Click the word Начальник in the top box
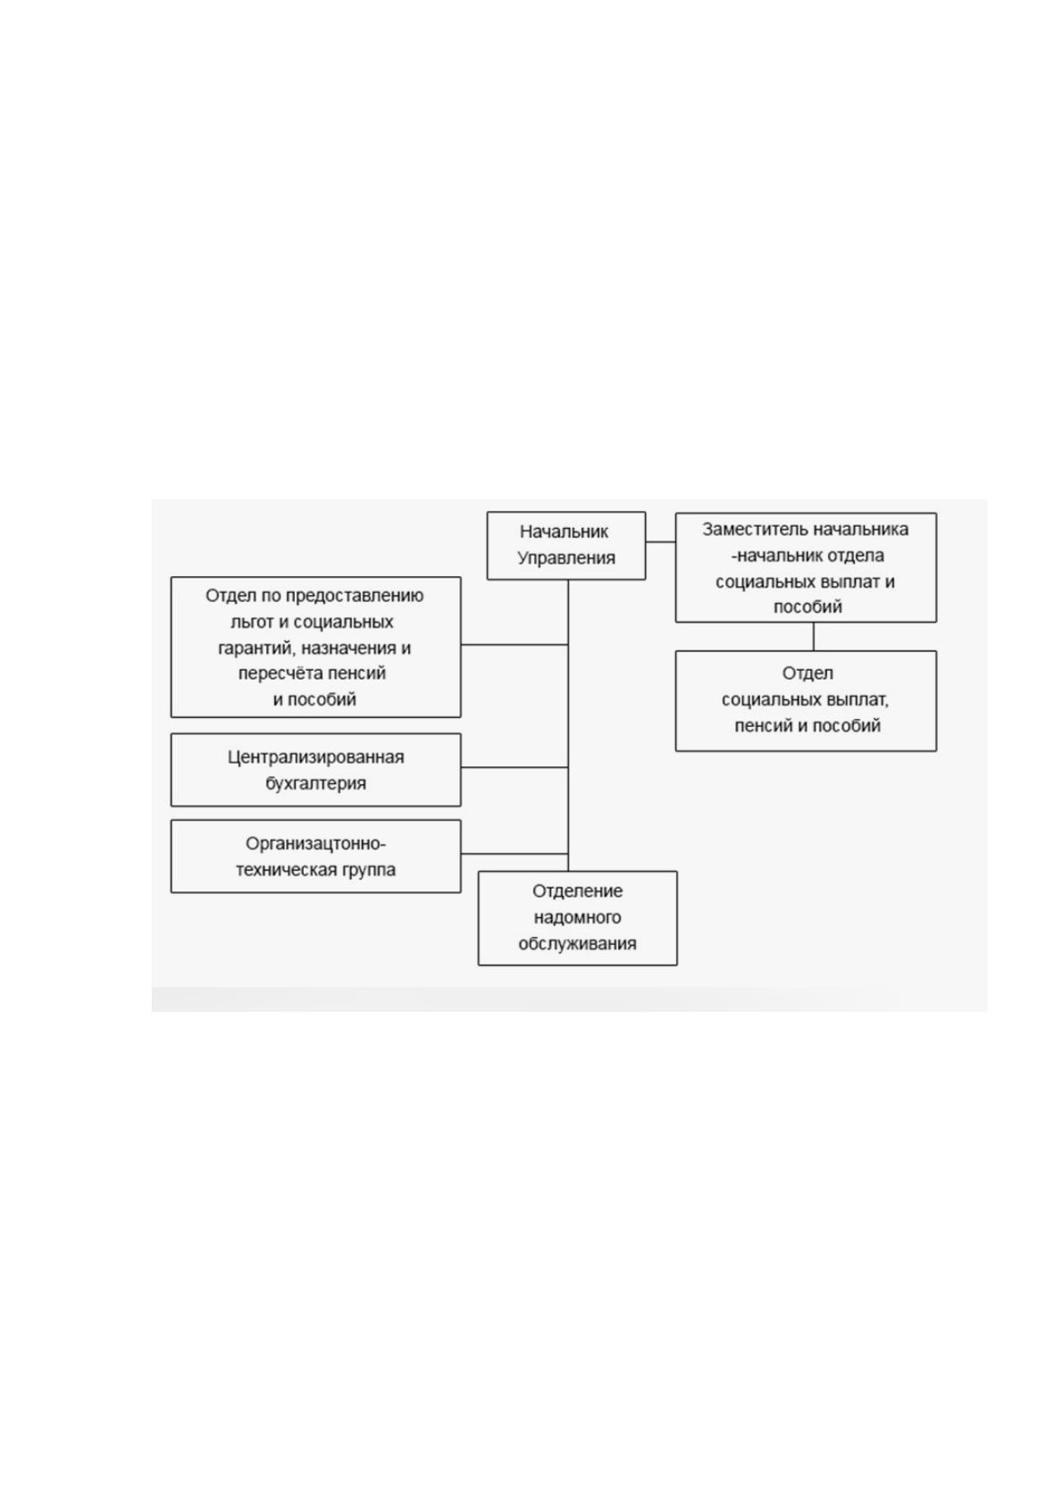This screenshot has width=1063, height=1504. click(564, 531)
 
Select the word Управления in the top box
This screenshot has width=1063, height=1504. click(565, 558)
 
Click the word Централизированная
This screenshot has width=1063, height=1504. click(315, 757)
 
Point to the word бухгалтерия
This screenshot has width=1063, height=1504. click(315, 783)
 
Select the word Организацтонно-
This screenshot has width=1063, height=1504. click(315, 843)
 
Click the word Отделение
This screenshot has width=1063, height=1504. click(577, 891)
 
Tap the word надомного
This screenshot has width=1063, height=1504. click(577, 917)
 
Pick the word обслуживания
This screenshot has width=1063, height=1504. click(577, 943)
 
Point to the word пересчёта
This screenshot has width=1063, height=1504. click(275, 673)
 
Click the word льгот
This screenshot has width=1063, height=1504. click(252, 622)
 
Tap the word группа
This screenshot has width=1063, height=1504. click(372, 870)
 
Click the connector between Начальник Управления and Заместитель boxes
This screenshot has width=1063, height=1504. click(660, 542)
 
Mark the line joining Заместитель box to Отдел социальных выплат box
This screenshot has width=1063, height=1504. click(814, 637)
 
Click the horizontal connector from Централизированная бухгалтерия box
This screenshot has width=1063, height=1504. click(515, 767)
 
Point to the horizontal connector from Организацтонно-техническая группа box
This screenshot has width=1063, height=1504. click(515, 854)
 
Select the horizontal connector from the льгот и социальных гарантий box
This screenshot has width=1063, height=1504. click(515, 645)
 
